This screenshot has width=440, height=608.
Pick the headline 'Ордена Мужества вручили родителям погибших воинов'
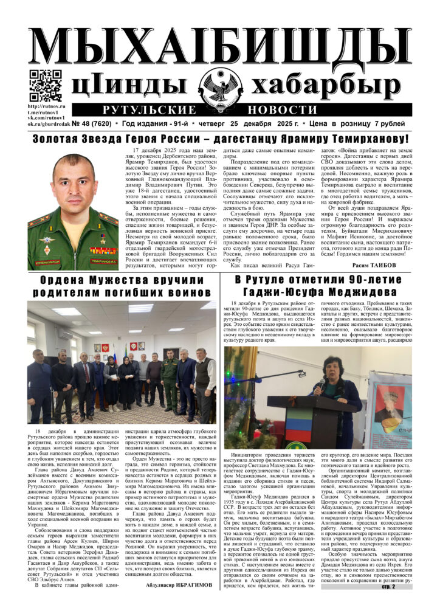[122, 286]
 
